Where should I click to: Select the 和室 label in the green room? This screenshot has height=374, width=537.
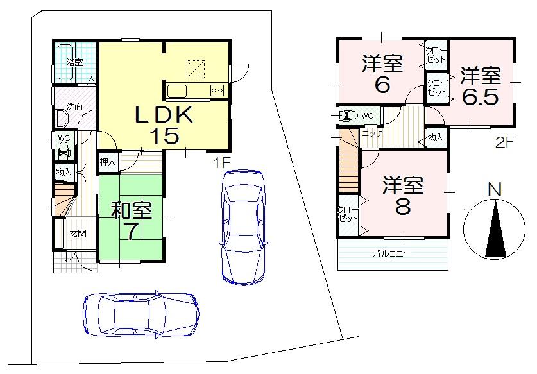tap(131, 211)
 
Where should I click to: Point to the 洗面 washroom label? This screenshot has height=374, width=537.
tap(74, 106)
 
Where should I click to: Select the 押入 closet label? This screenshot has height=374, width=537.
tap(108, 162)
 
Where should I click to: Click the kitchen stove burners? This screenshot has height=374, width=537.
tap(216, 90)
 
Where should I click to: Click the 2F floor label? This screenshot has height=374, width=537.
tap(505, 143)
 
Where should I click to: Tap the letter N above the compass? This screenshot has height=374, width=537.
tap(494, 190)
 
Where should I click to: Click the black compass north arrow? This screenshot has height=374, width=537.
tap(494, 231)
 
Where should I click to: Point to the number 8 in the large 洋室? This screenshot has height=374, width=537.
tap(403, 208)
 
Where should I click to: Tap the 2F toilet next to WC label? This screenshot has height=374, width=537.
tap(349, 116)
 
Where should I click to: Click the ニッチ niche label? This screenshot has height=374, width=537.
tap(372, 133)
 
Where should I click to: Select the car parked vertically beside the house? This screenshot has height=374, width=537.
tap(241, 226)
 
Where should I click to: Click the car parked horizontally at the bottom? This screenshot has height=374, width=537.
tap(141, 313)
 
